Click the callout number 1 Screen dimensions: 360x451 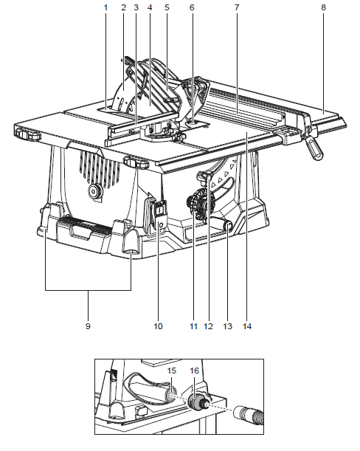105,7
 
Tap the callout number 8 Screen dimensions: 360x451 323,7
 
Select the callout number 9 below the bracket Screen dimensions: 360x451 88,326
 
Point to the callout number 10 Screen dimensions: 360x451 158,326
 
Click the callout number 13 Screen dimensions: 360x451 227,326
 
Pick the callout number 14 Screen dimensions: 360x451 247,326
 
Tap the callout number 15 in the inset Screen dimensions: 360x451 172,371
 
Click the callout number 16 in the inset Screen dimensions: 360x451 194,371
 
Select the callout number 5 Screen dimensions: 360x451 167,7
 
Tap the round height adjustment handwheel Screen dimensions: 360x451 200,204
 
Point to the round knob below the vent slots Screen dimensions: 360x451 94,190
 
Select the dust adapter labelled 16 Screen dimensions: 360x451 196,402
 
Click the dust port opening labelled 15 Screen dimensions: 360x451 172,395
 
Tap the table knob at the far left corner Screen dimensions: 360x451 27,134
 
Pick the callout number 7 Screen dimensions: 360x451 237,7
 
